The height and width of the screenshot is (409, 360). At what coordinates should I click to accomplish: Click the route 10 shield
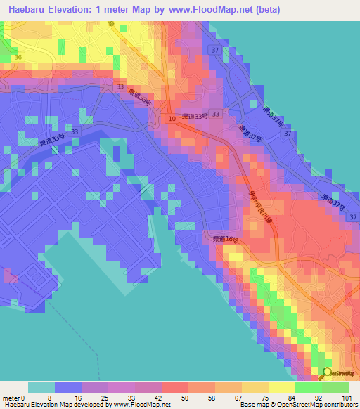pos(172,120)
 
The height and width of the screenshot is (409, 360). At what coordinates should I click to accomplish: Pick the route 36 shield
pos(18,57)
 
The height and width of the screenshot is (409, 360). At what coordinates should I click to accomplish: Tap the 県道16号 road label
pos(226,240)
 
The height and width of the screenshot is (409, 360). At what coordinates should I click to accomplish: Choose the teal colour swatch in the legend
pos(41,387)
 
